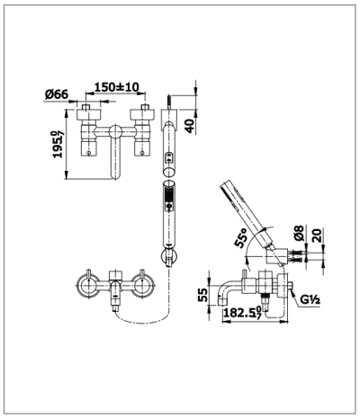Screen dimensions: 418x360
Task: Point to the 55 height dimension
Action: [x=203, y=292]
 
